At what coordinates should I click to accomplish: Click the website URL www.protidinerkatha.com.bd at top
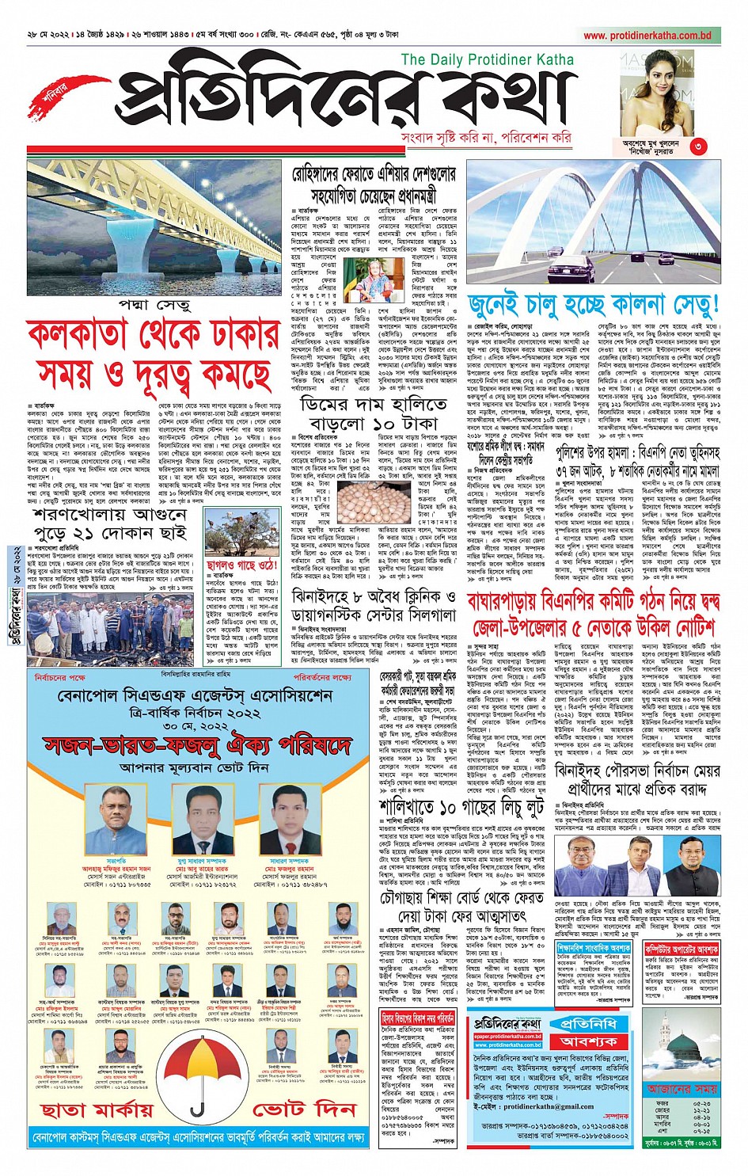coord(647,36)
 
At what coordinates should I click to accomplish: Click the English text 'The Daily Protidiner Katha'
coord(487,60)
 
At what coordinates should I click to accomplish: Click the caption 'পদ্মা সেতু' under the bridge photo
coord(154,306)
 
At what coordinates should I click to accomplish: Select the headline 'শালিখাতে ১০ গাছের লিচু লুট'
coord(461,807)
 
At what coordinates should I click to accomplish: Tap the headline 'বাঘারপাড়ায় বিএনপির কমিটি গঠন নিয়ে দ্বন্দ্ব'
coord(593,603)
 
